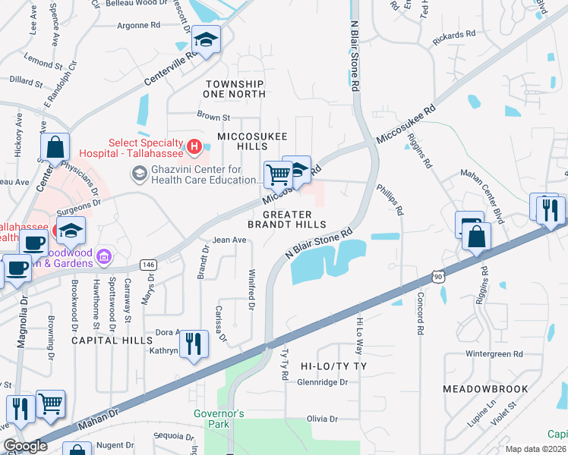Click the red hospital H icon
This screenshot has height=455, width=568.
point(194,145)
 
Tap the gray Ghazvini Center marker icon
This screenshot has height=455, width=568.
point(139,174)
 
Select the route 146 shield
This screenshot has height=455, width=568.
point(148,265)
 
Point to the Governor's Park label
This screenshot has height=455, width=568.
point(219,419)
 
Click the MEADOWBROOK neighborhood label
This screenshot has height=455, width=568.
point(485,389)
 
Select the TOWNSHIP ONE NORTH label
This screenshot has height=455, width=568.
point(234,89)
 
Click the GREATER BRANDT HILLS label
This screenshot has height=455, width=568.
point(288,219)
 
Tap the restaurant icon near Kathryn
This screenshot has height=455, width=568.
point(196,343)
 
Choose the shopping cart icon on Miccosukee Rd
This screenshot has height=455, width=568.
point(278,174)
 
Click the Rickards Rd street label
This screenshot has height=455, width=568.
point(453,35)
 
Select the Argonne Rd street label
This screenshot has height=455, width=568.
point(138,25)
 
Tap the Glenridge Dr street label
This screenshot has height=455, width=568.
point(322,383)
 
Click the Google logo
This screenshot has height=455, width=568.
point(25,446)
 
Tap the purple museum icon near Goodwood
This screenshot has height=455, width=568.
point(105,258)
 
